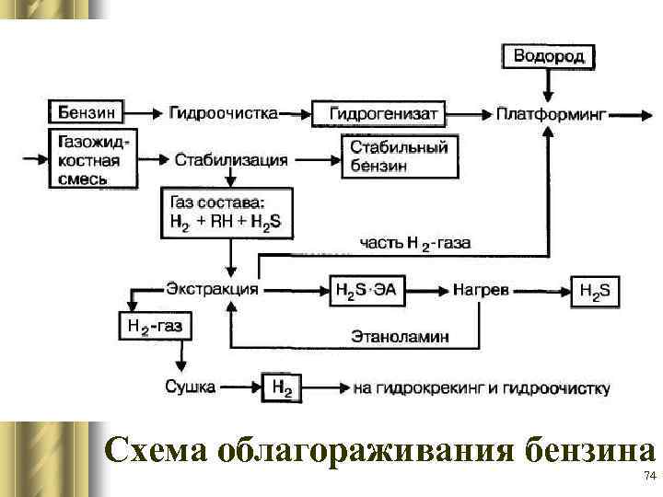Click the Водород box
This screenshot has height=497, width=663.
[x=549, y=55]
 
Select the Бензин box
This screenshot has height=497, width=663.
[x=87, y=113]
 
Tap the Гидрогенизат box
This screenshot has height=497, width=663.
[x=378, y=114]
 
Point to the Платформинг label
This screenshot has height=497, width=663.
[x=550, y=114]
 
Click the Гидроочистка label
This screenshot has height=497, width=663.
[x=224, y=113]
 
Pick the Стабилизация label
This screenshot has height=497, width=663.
[x=231, y=159]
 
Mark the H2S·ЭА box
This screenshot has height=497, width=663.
[x=366, y=291]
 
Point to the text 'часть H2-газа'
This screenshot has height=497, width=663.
[x=413, y=243]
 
